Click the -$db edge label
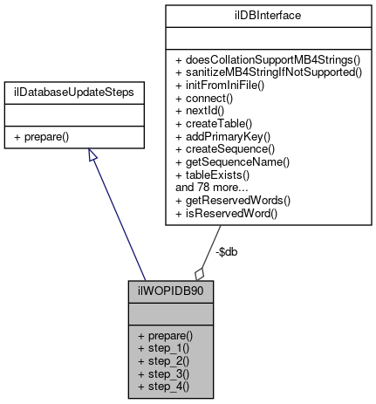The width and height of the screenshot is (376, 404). click(226, 251)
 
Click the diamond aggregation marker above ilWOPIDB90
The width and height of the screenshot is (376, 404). click(201, 272)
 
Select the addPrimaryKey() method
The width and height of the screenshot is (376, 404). click(221, 139)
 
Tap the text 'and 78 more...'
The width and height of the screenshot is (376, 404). click(210, 187)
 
